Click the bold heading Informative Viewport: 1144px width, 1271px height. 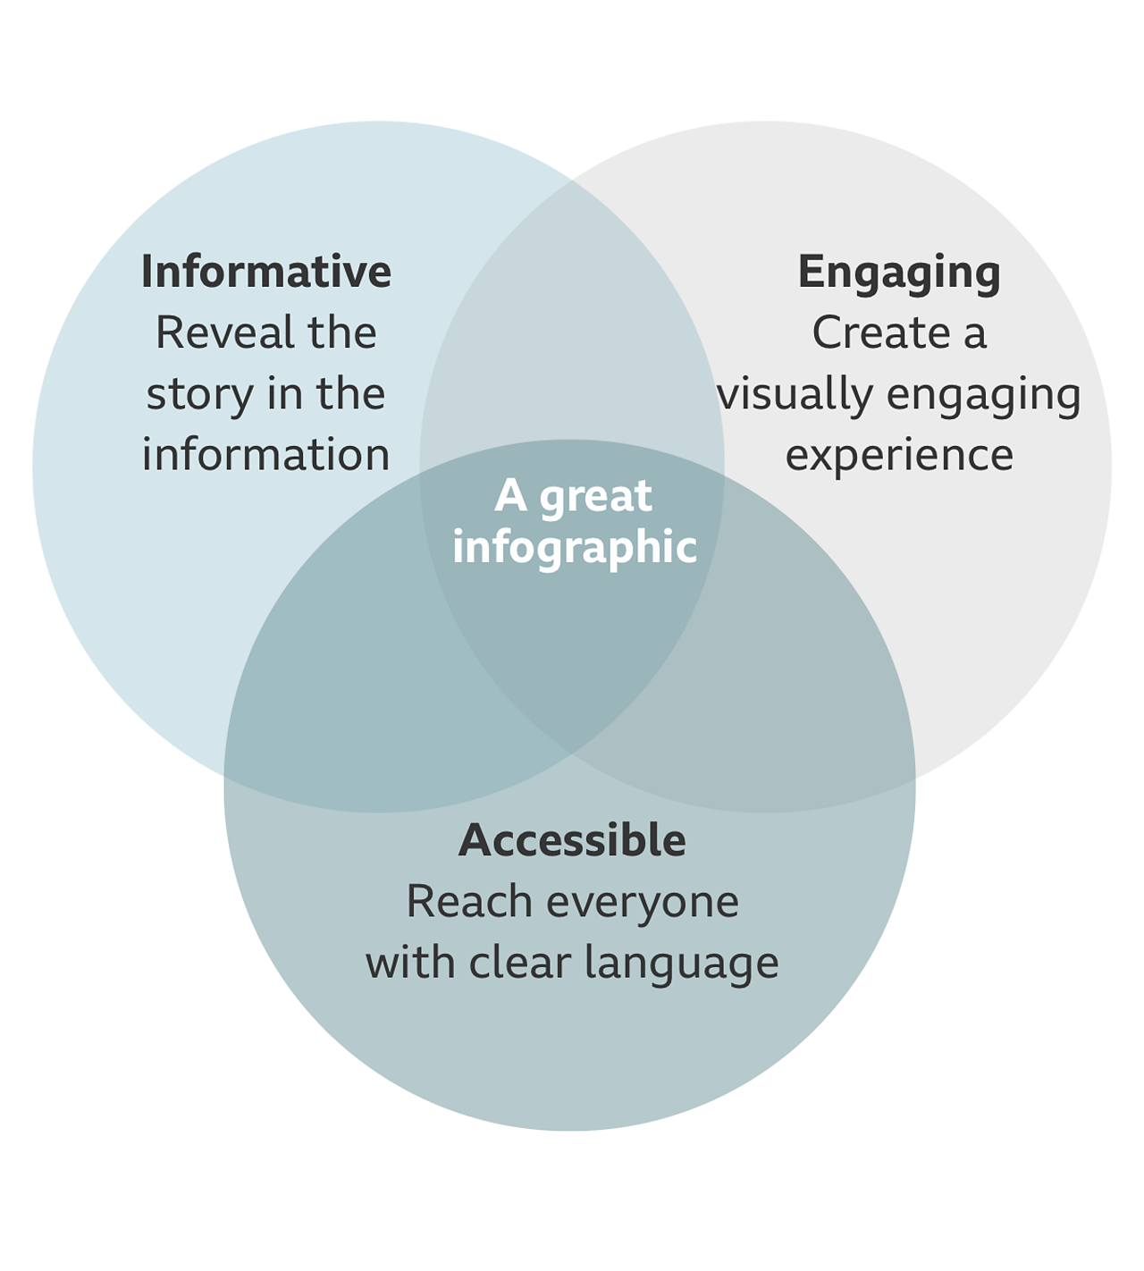point(266,272)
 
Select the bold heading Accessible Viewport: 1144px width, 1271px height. point(572,840)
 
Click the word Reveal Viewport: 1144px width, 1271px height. point(224,333)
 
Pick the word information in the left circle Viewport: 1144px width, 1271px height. point(266,455)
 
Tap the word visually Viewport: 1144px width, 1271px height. point(795,395)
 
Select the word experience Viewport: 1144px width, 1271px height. point(899,455)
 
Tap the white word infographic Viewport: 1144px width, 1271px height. point(574,548)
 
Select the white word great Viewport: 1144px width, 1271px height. point(595,497)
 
